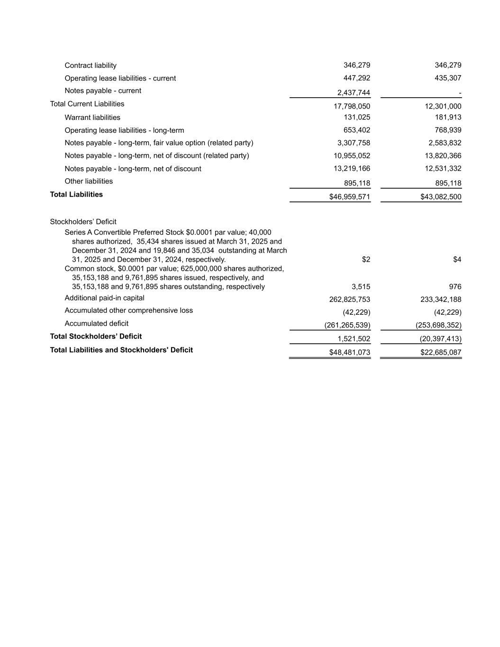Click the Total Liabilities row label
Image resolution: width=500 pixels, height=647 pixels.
point(76,194)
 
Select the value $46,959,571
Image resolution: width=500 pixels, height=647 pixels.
point(350,197)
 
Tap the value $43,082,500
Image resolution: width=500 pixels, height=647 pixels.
point(441,197)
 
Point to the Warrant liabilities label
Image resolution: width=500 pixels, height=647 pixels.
point(92,118)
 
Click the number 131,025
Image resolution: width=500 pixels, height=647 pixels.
point(357,117)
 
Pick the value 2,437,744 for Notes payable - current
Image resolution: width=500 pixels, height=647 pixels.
point(354,93)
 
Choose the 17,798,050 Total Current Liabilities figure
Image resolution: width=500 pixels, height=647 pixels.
point(352,106)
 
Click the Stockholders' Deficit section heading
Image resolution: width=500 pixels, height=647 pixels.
point(83,222)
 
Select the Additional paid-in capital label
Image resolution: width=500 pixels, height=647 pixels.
point(104,298)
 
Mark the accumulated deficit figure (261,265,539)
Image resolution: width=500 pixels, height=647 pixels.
point(347,325)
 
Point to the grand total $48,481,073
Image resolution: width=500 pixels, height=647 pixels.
point(350,353)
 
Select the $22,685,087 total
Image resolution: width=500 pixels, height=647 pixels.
point(441,353)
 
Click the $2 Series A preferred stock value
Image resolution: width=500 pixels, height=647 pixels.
point(366,259)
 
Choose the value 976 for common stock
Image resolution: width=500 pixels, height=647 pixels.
point(455,287)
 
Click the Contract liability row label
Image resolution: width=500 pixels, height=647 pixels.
point(91,65)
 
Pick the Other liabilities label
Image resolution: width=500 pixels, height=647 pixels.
point(89,182)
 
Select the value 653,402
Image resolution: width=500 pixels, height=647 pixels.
point(357,130)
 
